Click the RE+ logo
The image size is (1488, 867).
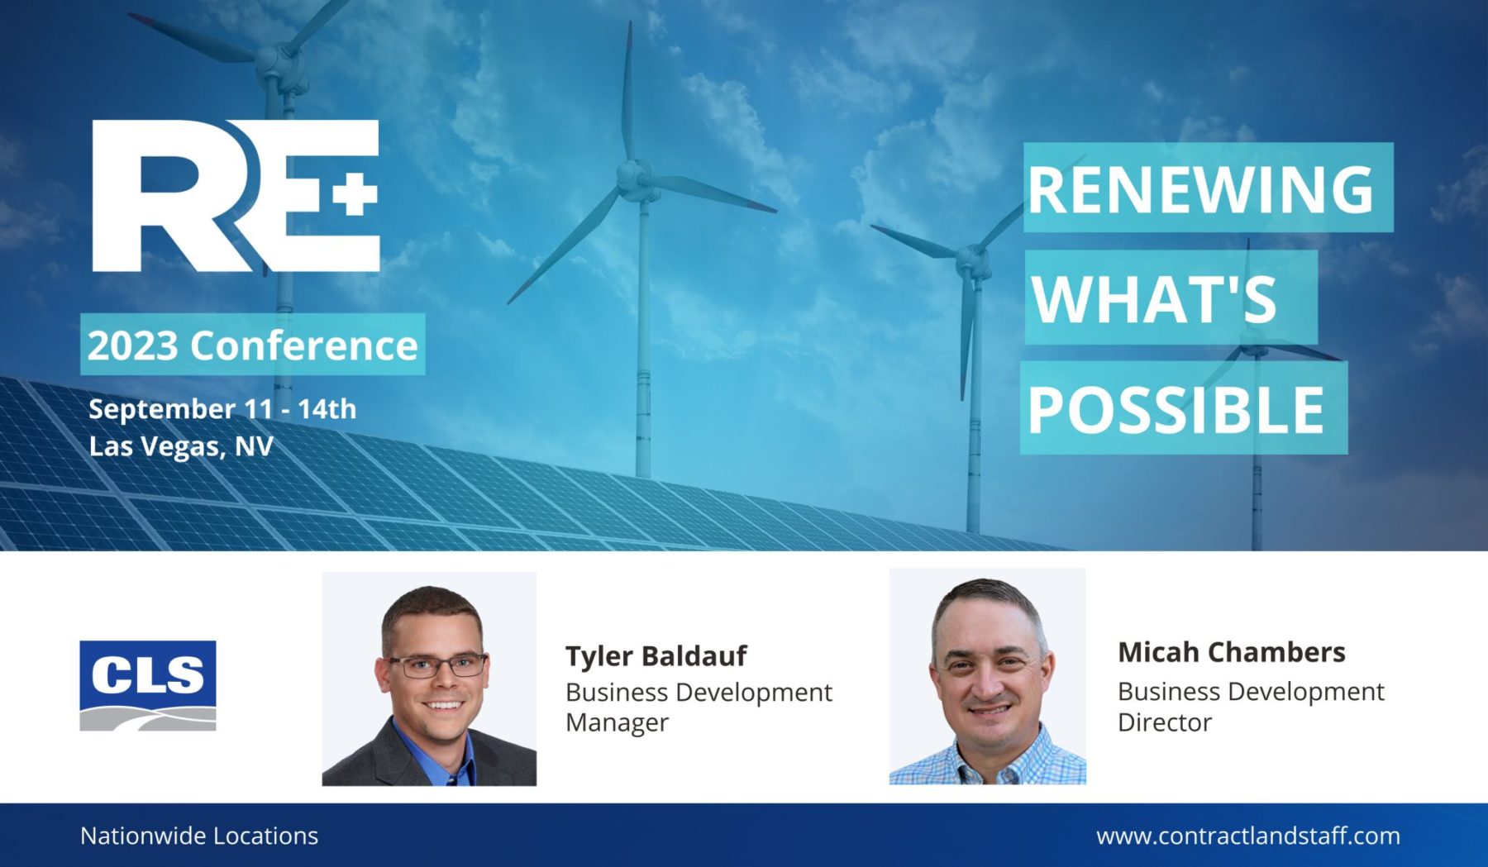[x=236, y=196]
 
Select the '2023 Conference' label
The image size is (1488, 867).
[x=252, y=345]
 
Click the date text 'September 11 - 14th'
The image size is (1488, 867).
[x=222, y=408]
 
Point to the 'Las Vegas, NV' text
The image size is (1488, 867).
[x=181, y=446]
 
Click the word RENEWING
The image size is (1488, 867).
[x=1200, y=189]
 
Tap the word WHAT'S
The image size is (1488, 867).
[x=1154, y=298]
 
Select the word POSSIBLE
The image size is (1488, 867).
[x=1176, y=409]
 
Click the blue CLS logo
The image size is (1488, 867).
[x=148, y=685]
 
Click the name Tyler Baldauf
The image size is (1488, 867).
[x=656, y=655]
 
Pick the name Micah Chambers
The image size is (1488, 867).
[x=1232, y=652]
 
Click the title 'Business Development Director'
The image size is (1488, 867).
[x=1251, y=706]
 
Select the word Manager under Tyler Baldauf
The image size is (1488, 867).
[x=617, y=722]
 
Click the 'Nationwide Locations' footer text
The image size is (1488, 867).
[x=199, y=836]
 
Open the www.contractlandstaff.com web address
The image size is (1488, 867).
[x=1248, y=836]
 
